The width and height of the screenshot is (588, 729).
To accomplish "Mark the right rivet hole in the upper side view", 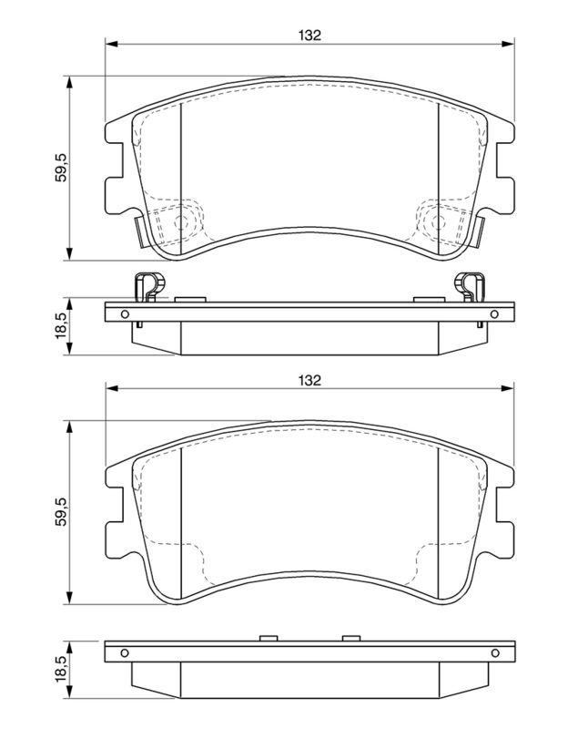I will [x=494, y=316].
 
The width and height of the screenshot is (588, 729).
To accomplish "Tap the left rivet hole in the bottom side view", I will [x=125, y=652].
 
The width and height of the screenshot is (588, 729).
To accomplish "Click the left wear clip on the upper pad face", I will [x=139, y=230].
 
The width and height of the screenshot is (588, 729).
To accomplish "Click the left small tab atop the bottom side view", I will [x=268, y=638].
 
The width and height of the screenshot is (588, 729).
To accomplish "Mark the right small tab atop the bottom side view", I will [x=350, y=638].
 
